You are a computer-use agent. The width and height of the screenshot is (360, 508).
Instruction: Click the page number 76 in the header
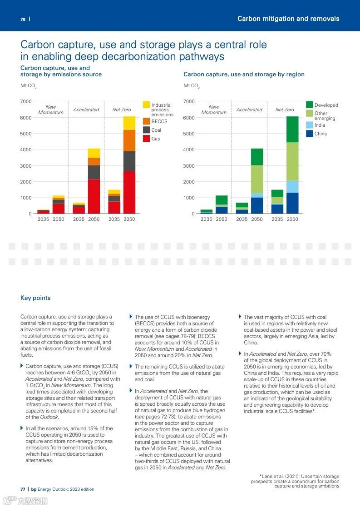[23, 19]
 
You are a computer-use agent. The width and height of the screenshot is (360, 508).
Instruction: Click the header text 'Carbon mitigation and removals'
[288, 19]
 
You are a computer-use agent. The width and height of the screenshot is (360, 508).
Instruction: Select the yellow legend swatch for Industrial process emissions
[146, 105]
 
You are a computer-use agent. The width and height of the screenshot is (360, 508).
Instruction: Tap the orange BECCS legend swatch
[146, 121]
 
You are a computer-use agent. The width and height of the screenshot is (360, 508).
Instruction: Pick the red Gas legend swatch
[146, 139]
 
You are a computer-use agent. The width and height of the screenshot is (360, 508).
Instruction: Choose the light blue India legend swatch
[309, 125]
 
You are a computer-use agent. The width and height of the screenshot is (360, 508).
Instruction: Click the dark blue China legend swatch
[309, 134]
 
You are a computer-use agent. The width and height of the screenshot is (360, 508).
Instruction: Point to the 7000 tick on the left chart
[26, 101]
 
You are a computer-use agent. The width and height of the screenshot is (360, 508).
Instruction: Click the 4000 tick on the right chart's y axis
[189, 149]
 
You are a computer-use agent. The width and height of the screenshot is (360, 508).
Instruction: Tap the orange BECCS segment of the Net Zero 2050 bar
[129, 140]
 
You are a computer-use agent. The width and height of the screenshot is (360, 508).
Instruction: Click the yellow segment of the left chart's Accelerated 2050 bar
[94, 153]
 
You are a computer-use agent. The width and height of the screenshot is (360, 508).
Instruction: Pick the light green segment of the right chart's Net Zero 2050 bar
[292, 161]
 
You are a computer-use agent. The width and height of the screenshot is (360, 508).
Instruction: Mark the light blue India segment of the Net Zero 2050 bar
[292, 186]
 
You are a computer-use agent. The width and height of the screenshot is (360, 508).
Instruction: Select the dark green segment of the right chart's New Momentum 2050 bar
[222, 200]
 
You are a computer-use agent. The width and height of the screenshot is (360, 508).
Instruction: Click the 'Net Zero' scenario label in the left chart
[122, 110]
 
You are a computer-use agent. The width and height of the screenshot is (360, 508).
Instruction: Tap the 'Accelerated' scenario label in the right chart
[249, 110]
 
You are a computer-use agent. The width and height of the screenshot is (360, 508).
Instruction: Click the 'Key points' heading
[35, 298]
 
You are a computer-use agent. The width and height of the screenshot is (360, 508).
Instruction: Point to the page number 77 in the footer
[23, 489]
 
